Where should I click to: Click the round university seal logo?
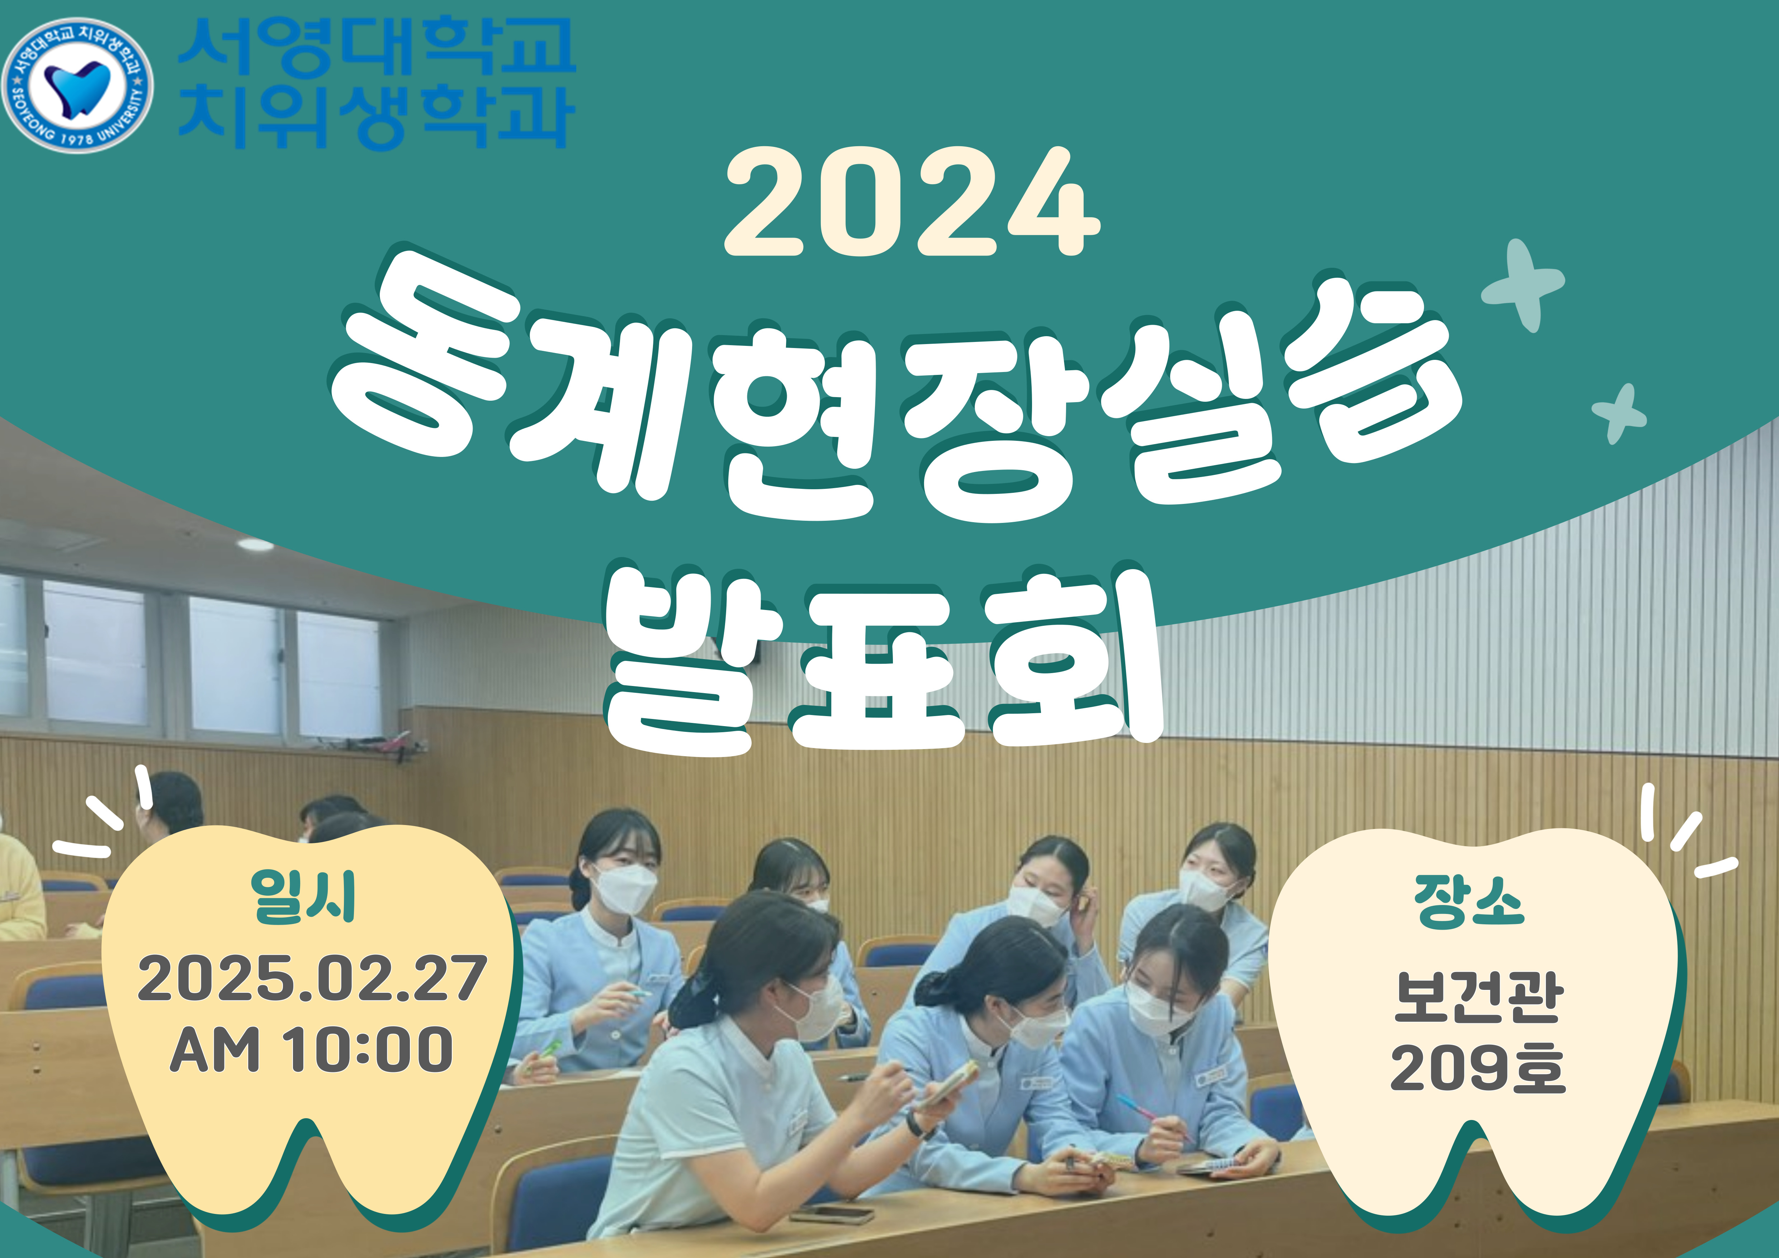point(77,85)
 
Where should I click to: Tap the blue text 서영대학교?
point(377,48)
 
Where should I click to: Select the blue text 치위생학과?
point(377,116)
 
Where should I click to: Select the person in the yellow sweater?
point(19,887)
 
